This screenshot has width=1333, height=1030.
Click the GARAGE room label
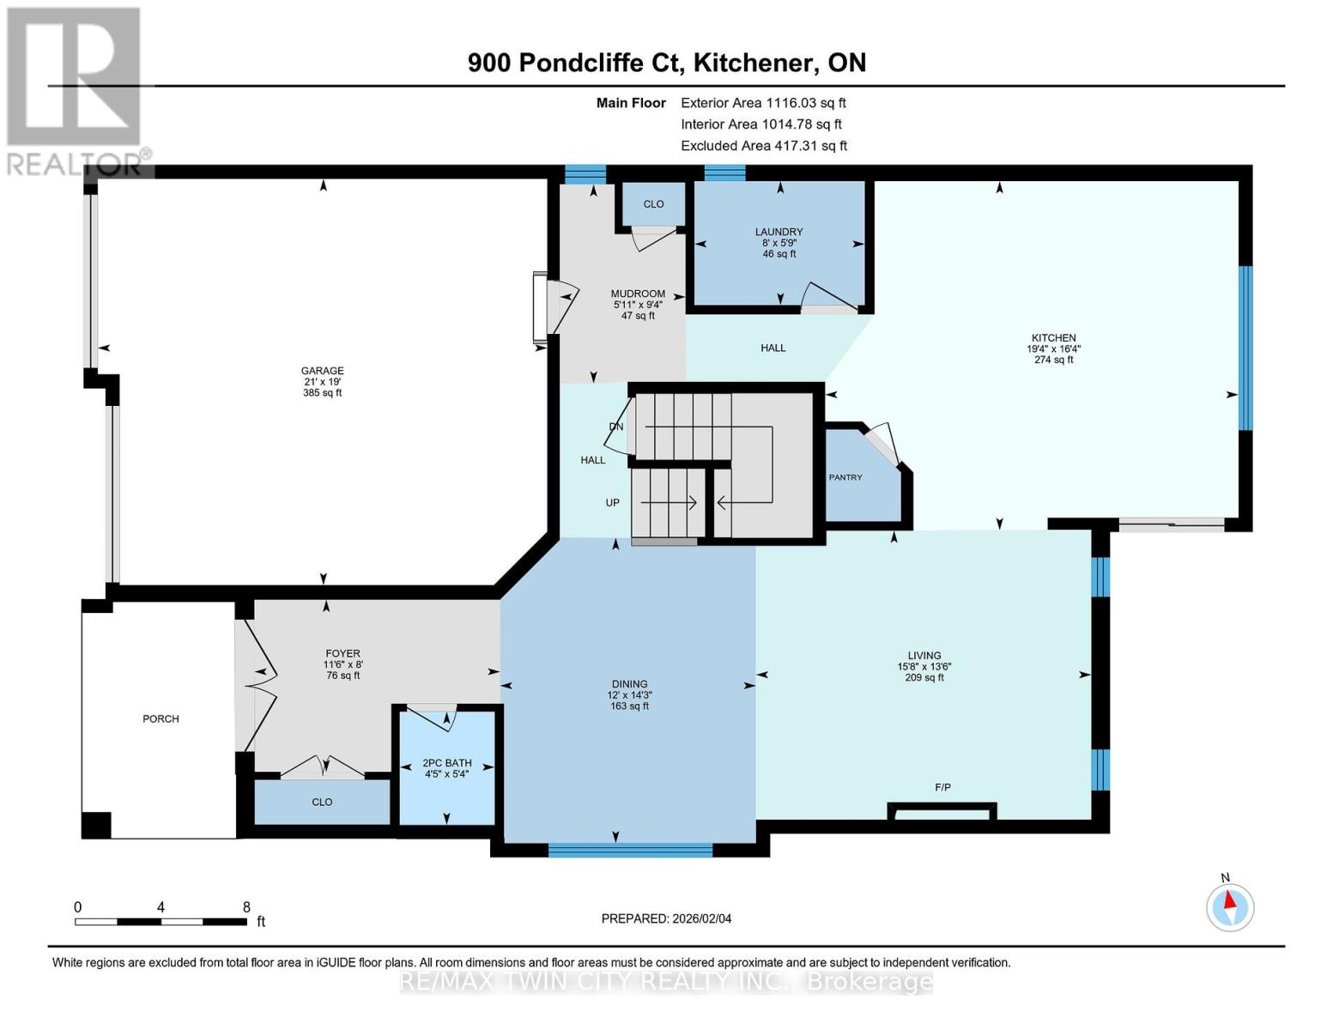click(x=322, y=372)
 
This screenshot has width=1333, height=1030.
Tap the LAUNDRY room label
click(x=779, y=232)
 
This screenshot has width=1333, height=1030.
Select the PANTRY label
click(x=845, y=477)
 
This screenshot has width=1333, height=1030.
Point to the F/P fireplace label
click(x=942, y=787)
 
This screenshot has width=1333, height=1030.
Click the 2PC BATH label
click(x=446, y=763)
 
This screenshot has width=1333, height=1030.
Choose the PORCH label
click(x=161, y=719)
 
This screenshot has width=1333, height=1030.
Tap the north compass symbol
click(x=1229, y=906)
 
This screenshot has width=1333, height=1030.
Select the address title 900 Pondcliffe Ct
click(x=666, y=63)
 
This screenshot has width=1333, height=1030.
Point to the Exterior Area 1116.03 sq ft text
click(x=762, y=103)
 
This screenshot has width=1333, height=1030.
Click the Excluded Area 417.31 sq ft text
click(x=763, y=146)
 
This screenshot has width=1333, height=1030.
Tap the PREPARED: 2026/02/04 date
click(x=666, y=918)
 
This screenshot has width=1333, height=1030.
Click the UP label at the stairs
click(x=612, y=503)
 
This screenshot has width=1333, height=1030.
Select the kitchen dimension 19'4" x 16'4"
click(x=1053, y=349)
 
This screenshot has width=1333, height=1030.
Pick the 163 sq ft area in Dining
click(x=629, y=706)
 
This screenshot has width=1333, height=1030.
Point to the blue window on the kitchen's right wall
click(x=1245, y=348)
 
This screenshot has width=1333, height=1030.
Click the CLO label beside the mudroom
click(x=653, y=204)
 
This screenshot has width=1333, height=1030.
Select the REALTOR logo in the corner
click(x=76, y=90)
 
